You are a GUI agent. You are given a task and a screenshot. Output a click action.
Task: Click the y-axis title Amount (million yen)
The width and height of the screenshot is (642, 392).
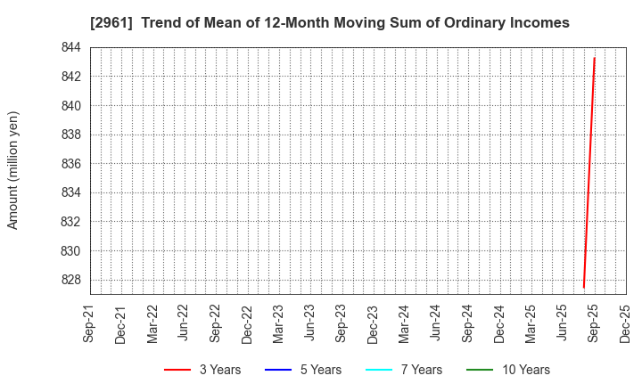pyautogui.click(x=12, y=170)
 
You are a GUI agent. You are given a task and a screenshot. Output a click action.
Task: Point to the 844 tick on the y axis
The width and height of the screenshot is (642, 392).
pyautogui.click(x=71, y=47)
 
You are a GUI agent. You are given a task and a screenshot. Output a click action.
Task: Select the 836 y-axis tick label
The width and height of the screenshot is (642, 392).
pyautogui.click(x=71, y=164)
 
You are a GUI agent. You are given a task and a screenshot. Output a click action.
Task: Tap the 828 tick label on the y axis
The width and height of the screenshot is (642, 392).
pyautogui.click(x=71, y=280)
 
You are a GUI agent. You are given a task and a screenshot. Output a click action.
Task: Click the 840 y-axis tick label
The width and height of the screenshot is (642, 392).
pyautogui.click(x=71, y=106)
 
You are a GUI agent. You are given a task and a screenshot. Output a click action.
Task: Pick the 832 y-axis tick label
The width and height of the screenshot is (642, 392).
pyautogui.click(x=71, y=222)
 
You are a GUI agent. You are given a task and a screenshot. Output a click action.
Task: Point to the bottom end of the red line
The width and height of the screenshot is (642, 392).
pyautogui.click(x=583, y=287)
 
